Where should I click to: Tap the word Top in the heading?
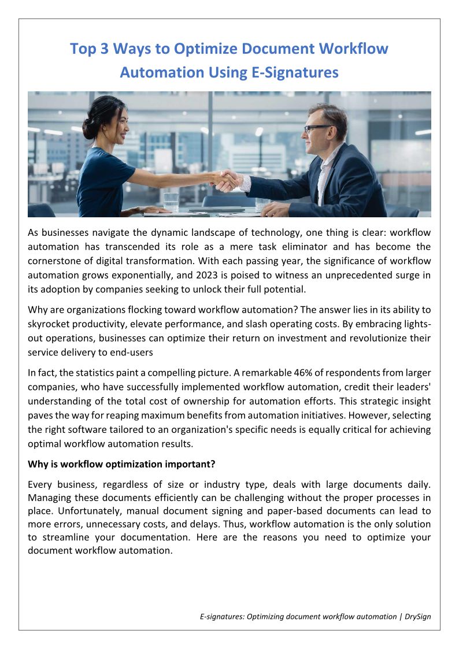[x=83, y=49]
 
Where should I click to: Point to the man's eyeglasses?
[x=317, y=128]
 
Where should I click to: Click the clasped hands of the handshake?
[x=226, y=180]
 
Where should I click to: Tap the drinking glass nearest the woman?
[x=171, y=202]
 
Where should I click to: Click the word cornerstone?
[x=57, y=261]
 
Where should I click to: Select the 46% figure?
[x=243, y=373]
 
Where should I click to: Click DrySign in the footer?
[x=417, y=617]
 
